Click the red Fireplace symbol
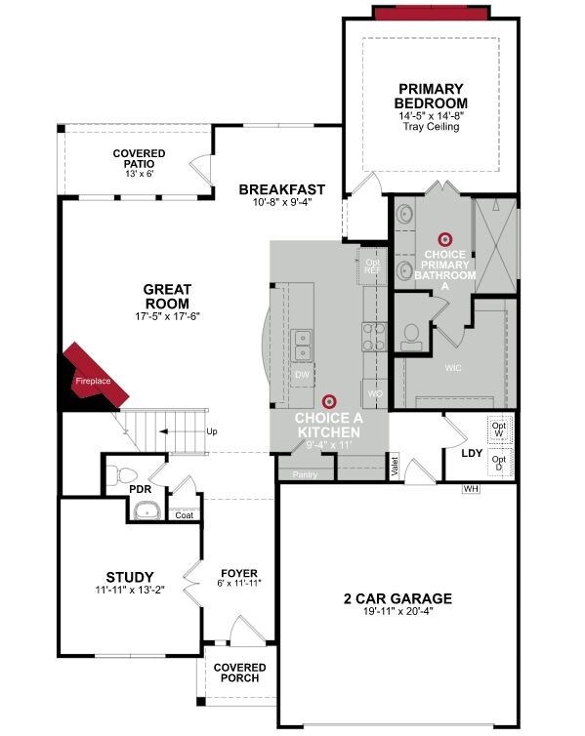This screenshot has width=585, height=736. point(97,372)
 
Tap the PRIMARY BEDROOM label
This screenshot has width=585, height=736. point(431,96)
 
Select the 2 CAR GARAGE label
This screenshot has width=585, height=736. point(397,598)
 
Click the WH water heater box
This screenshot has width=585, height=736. point(471,489)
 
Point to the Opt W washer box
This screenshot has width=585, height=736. point(499,429)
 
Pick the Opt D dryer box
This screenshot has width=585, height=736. point(499,463)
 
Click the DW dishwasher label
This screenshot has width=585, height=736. point(303,375)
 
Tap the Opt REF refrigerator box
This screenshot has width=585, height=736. point(372,266)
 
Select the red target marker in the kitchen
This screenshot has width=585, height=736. point(329,401)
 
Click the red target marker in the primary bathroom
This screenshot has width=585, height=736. point(444,240)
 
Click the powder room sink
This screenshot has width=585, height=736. point(147,511)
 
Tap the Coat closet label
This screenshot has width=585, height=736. point(184,515)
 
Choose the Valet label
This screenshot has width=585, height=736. point(395,466)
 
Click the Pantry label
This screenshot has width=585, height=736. point(305,474)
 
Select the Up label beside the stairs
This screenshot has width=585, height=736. point(212,431)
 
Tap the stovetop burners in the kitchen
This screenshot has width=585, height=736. point(375,337)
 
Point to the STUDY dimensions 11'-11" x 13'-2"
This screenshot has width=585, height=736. point(130,590)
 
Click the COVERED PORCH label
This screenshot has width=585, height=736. point(239,673)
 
